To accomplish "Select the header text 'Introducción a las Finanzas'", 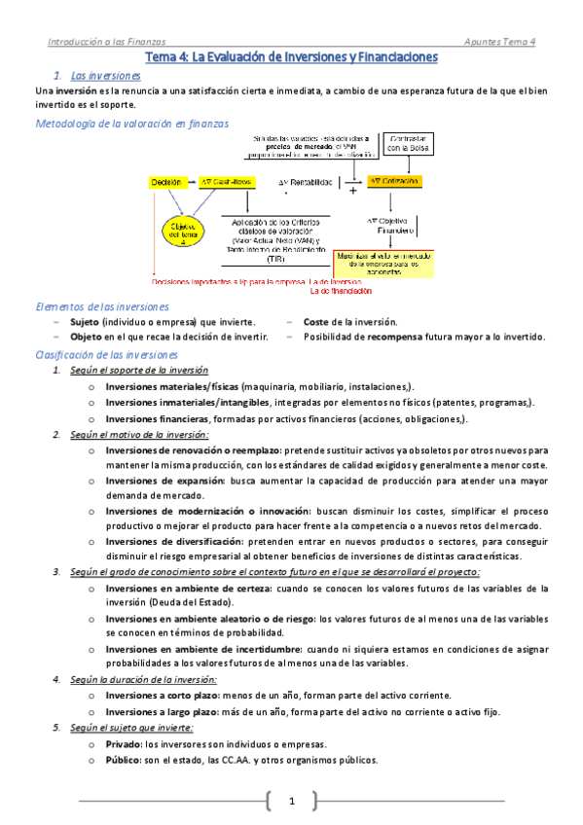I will [x=108, y=42].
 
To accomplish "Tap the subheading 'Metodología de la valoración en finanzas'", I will [x=131, y=124].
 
